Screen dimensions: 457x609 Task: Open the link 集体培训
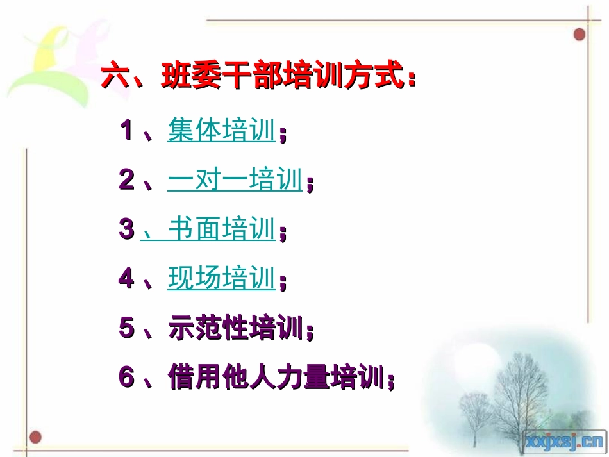pyautogui.click(x=222, y=131)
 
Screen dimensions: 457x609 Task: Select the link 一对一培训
pyautogui.click(x=235, y=181)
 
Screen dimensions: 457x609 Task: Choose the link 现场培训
pyautogui.click(x=222, y=279)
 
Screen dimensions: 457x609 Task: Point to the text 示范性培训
pyautogui.click(x=235, y=328)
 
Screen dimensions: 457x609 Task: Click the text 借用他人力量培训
pyautogui.click(x=276, y=377)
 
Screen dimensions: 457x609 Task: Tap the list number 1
pyautogui.click(x=126, y=131)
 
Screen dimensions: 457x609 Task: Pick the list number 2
pyautogui.click(x=126, y=181)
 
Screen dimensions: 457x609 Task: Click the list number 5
pyautogui.click(x=126, y=329)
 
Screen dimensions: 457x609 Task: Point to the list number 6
pyautogui.click(x=126, y=378)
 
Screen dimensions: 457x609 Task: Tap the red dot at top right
pyautogui.click(x=580, y=34)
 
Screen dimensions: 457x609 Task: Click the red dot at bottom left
pyautogui.click(x=35, y=437)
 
